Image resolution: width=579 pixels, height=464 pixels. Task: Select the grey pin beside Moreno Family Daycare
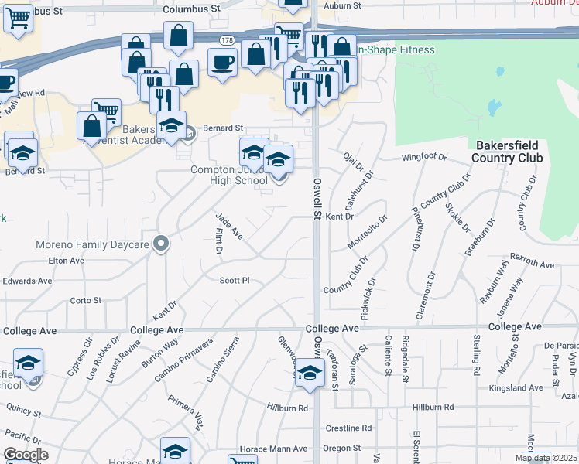[161, 244]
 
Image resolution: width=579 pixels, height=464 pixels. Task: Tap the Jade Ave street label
[228, 227]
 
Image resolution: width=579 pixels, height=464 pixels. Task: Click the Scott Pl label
[235, 280]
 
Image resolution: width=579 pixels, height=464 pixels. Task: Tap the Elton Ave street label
[65, 261]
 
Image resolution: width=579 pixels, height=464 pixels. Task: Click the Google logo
[26, 455]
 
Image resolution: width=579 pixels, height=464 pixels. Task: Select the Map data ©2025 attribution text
[546, 458]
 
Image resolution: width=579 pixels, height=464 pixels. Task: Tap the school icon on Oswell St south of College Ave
[310, 374]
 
